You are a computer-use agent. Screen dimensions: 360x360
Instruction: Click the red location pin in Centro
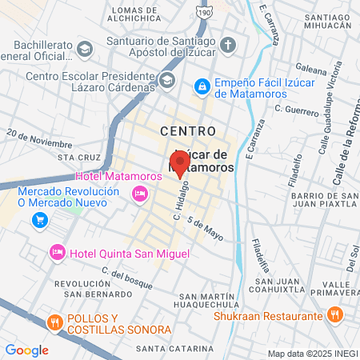(179, 163)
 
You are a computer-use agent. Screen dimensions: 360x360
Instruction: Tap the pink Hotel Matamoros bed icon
(140, 193)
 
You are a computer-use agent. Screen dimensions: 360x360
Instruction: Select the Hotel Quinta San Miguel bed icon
(58, 253)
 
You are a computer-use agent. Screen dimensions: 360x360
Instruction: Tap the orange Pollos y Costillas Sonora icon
(55, 323)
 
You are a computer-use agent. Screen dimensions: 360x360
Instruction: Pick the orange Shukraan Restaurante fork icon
(338, 315)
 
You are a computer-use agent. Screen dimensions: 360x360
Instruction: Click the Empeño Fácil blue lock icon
(202, 84)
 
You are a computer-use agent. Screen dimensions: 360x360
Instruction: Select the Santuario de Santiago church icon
(228, 44)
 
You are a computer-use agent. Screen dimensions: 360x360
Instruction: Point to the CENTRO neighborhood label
(187, 130)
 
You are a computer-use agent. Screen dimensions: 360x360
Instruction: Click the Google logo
(26, 350)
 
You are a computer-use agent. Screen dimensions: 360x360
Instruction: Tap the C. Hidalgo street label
(179, 206)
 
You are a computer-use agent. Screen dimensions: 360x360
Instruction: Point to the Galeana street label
(311, 69)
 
